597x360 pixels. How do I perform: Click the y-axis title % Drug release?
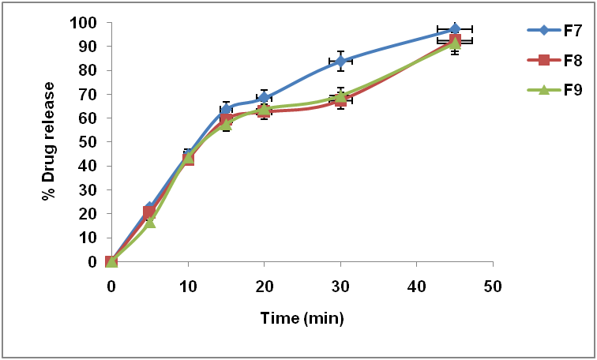(49, 141)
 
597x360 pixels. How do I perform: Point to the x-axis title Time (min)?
(302, 318)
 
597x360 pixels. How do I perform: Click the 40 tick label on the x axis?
(416, 284)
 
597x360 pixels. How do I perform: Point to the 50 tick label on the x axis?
(493, 284)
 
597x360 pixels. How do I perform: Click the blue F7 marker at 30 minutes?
(340, 61)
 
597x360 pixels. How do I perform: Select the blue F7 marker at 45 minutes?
(455, 29)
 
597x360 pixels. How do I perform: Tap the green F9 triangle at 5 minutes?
(150, 222)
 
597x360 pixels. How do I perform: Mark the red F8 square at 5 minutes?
(149, 212)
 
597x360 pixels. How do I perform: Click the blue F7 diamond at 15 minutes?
(226, 109)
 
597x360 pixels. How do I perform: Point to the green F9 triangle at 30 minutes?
(340, 97)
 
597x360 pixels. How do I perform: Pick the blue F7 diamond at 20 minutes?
(264, 98)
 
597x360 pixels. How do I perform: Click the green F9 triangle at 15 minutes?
(226, 123)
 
